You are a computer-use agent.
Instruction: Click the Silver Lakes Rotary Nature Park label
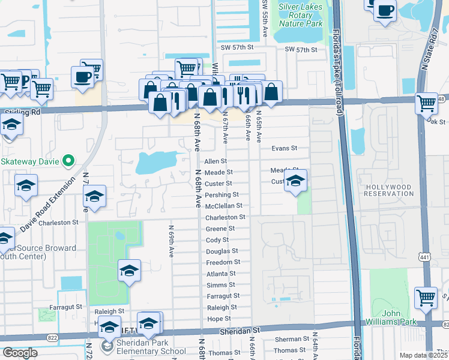tap(301, 15)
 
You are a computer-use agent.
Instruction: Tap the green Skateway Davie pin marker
tap(68, 160)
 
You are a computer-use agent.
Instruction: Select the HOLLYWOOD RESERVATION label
tap(388, 191)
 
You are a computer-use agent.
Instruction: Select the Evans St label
tap(284, 148)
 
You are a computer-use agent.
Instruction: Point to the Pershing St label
tap(222, 195)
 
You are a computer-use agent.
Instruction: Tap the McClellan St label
tap(223, 206)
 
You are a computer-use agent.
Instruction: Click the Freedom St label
tap(223, 262)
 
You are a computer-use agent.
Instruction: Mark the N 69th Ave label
tap(171, 241)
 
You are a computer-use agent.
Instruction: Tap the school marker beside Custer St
tap(295, 181)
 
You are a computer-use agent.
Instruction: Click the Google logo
tap(20, 353)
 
